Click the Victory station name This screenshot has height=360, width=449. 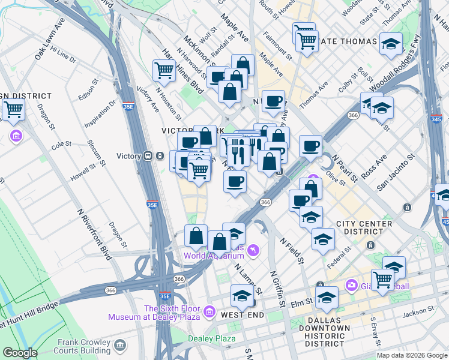[x=128, y=156]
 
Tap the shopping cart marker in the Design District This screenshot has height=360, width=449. [x=13, y=110]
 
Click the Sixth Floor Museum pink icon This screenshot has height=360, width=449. [x=209, y=310]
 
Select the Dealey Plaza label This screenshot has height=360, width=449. [x=211, y=338]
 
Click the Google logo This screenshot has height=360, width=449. [x=20, y=353]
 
